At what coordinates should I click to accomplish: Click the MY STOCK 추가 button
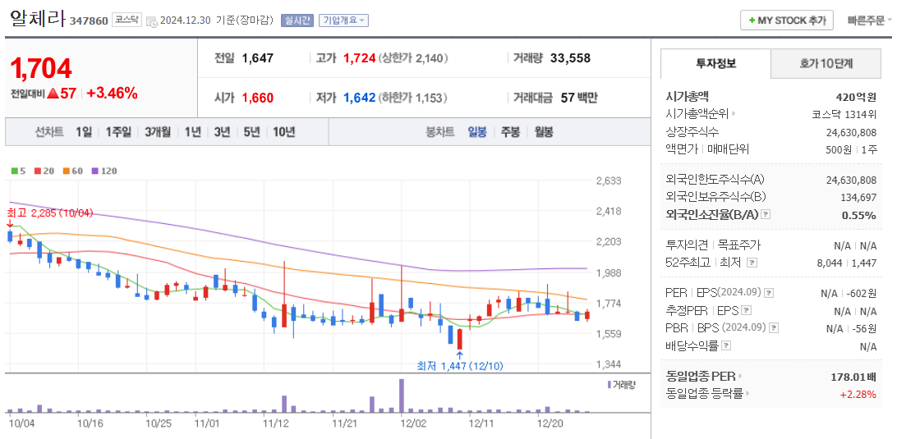pos(787,21)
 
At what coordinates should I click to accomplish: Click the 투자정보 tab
pos(715,63)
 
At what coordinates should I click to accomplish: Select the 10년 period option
pos(283,131)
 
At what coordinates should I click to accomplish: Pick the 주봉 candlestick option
pos(510,131)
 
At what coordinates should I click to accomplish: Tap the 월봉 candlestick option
pos(543,131)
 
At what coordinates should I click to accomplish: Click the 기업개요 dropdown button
pos(343,21)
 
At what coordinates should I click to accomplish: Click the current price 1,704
pos(42,68)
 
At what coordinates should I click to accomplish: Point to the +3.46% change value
pos(112,94)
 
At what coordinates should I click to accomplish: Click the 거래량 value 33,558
pos(570,58)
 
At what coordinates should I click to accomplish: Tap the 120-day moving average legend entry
pos(104,171)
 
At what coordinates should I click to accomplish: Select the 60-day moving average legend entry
pos(73,171)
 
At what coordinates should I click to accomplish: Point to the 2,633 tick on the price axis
pos(609,181)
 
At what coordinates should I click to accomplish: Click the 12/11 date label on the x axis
pos(481,424)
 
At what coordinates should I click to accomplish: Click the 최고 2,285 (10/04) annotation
pos(50,213)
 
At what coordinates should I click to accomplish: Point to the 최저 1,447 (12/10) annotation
pos(459,366)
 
